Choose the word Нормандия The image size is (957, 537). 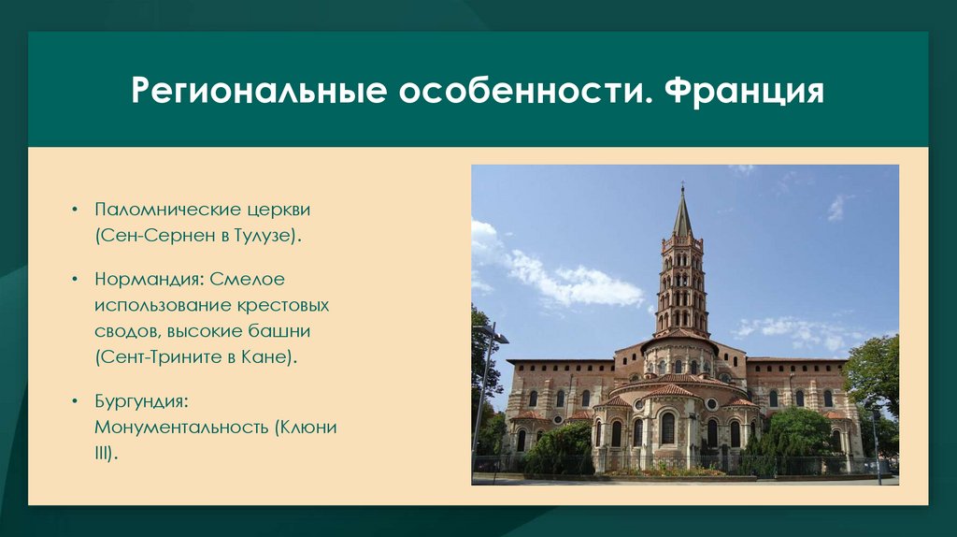pyautogui.click(x=149, y=279)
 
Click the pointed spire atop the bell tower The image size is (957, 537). pyautogui.click(x=682, y=210)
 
